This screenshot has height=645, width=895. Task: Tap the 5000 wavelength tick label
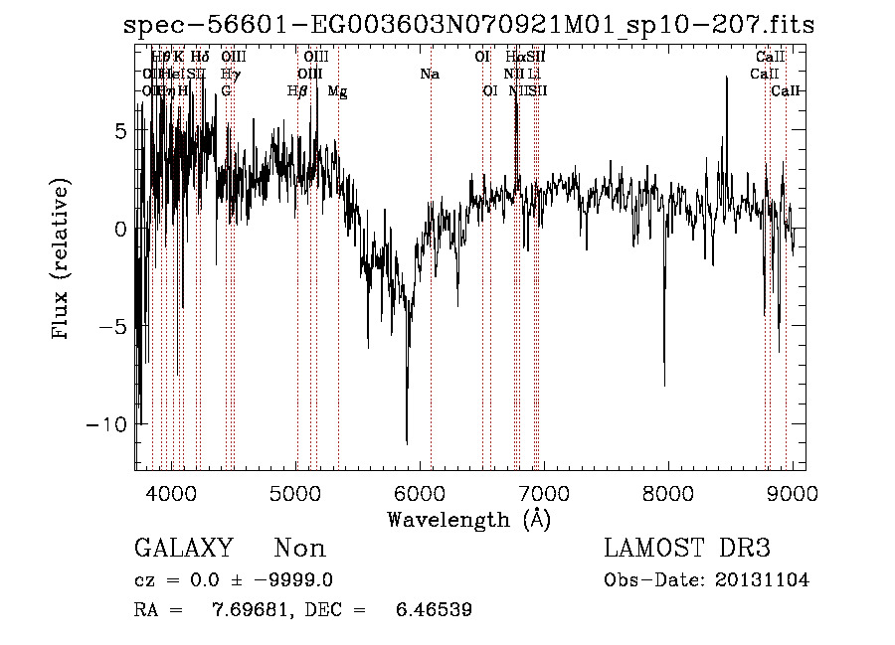pyautogui.click(x=296, y=493)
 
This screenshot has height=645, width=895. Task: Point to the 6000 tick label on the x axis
pyautogui.click(x=421, y=493)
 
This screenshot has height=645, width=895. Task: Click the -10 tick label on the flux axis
pyautogui.click(x=108, y=424)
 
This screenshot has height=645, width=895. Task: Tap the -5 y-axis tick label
pyautogui.click(x=114, y=327)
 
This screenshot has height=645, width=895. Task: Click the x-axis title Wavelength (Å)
pyautogui.click(x=468, y=519)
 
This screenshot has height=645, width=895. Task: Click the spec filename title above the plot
pyautogui.click(x=468, y=25)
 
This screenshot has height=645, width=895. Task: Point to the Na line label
pyautogui.click(x=430, y=75)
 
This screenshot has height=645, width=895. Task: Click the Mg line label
pyautogui.click(x=337, y=91)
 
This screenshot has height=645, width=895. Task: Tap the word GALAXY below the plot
pyautogui.click(x=183, y=549)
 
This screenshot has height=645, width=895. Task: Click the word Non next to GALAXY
pyautogui.click(x=300, y=549)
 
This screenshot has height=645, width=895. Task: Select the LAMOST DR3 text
pyautogui.click(x=686, y=549)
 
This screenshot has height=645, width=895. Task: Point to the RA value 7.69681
pyautogui.click(x=248, y=610)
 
